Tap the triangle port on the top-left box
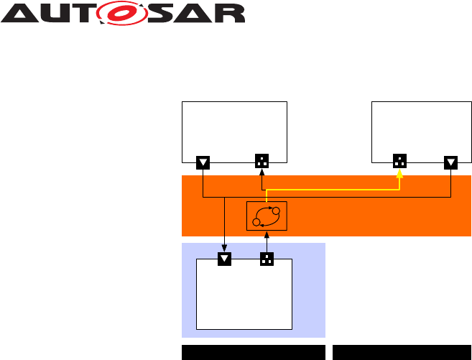(203, 162)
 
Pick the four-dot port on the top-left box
(262, 162)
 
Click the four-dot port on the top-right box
(400, 162)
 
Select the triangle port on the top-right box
(450, 162)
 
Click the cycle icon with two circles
(267, 216)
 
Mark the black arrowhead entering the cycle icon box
(267, 234)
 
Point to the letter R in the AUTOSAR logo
(231, 14)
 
